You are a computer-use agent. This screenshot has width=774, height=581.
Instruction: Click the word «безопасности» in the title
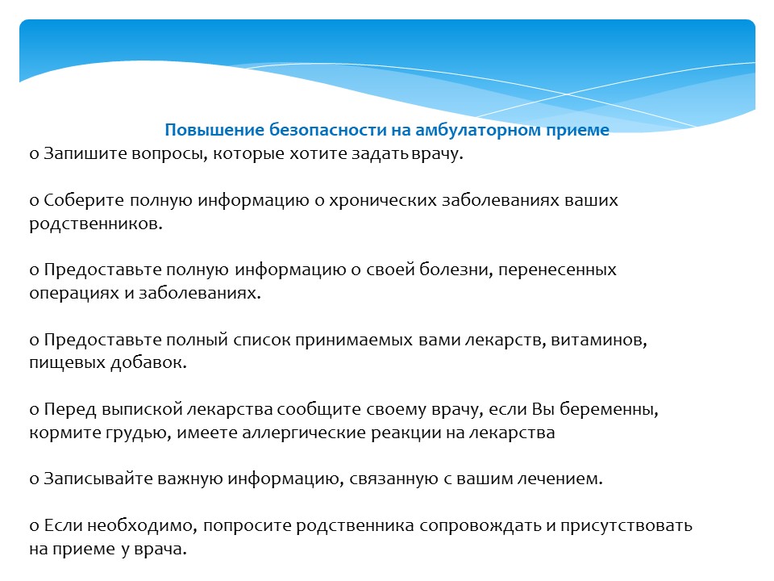pyautogui.click(x=328, y=130)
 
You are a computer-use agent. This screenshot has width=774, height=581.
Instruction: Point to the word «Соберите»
pyautogui.click(x=84, y=200)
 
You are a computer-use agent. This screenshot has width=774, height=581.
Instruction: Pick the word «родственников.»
pyautogui.click(x=96, y=224)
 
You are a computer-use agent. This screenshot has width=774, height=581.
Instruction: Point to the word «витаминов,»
pyautogui.click(x=599, y=340)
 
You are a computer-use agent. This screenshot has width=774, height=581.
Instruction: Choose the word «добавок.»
pyautogui.click(x=148, y=362)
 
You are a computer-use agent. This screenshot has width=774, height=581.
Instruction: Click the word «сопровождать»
pyautogui.click(x=481, y=525)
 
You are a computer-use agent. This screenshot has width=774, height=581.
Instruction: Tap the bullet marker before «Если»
pyautogui.click(x=34, y=526)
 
